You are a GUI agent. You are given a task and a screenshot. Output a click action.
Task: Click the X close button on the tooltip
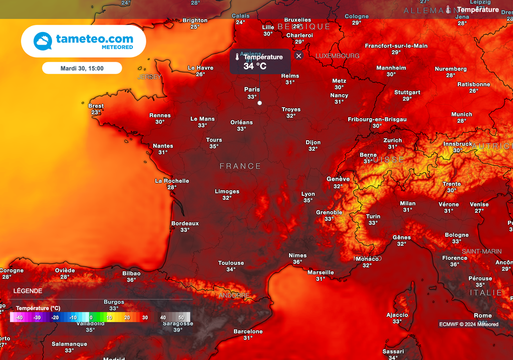(299, 56)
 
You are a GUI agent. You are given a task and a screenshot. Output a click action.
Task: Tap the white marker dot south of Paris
(260, 103)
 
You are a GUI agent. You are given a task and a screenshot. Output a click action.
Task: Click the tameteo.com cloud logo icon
(43, 41)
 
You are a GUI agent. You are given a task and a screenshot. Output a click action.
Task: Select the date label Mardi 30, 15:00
(82, 68)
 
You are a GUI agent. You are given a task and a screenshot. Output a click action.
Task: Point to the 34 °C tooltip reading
(255, 66)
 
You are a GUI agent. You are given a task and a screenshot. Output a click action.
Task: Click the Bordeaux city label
(185, 223)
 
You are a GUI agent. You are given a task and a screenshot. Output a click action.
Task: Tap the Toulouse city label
(231, 263)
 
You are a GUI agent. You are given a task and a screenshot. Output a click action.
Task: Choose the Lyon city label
(308, 194)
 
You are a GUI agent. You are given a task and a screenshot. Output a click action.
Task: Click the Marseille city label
(321, 272)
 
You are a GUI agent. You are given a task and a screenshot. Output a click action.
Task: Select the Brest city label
(96, 106)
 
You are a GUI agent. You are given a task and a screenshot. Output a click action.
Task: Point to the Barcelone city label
(248, 331)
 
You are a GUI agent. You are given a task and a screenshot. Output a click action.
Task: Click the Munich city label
(461, 114)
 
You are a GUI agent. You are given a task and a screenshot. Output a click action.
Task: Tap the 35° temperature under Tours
(214, 146)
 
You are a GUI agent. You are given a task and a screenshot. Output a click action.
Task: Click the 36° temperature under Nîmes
(298, 262)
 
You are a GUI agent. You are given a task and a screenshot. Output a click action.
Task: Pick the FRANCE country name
(240, 166)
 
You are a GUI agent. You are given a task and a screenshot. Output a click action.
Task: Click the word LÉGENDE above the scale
(28, 291)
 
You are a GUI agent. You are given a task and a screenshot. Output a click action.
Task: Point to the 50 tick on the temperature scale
(181, 317)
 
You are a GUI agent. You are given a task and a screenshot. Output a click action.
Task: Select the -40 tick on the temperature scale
(19, 317)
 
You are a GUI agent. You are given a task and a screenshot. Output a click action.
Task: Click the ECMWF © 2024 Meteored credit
(469, 324)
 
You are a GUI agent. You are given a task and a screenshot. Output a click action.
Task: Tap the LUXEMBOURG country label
(338, 56)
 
